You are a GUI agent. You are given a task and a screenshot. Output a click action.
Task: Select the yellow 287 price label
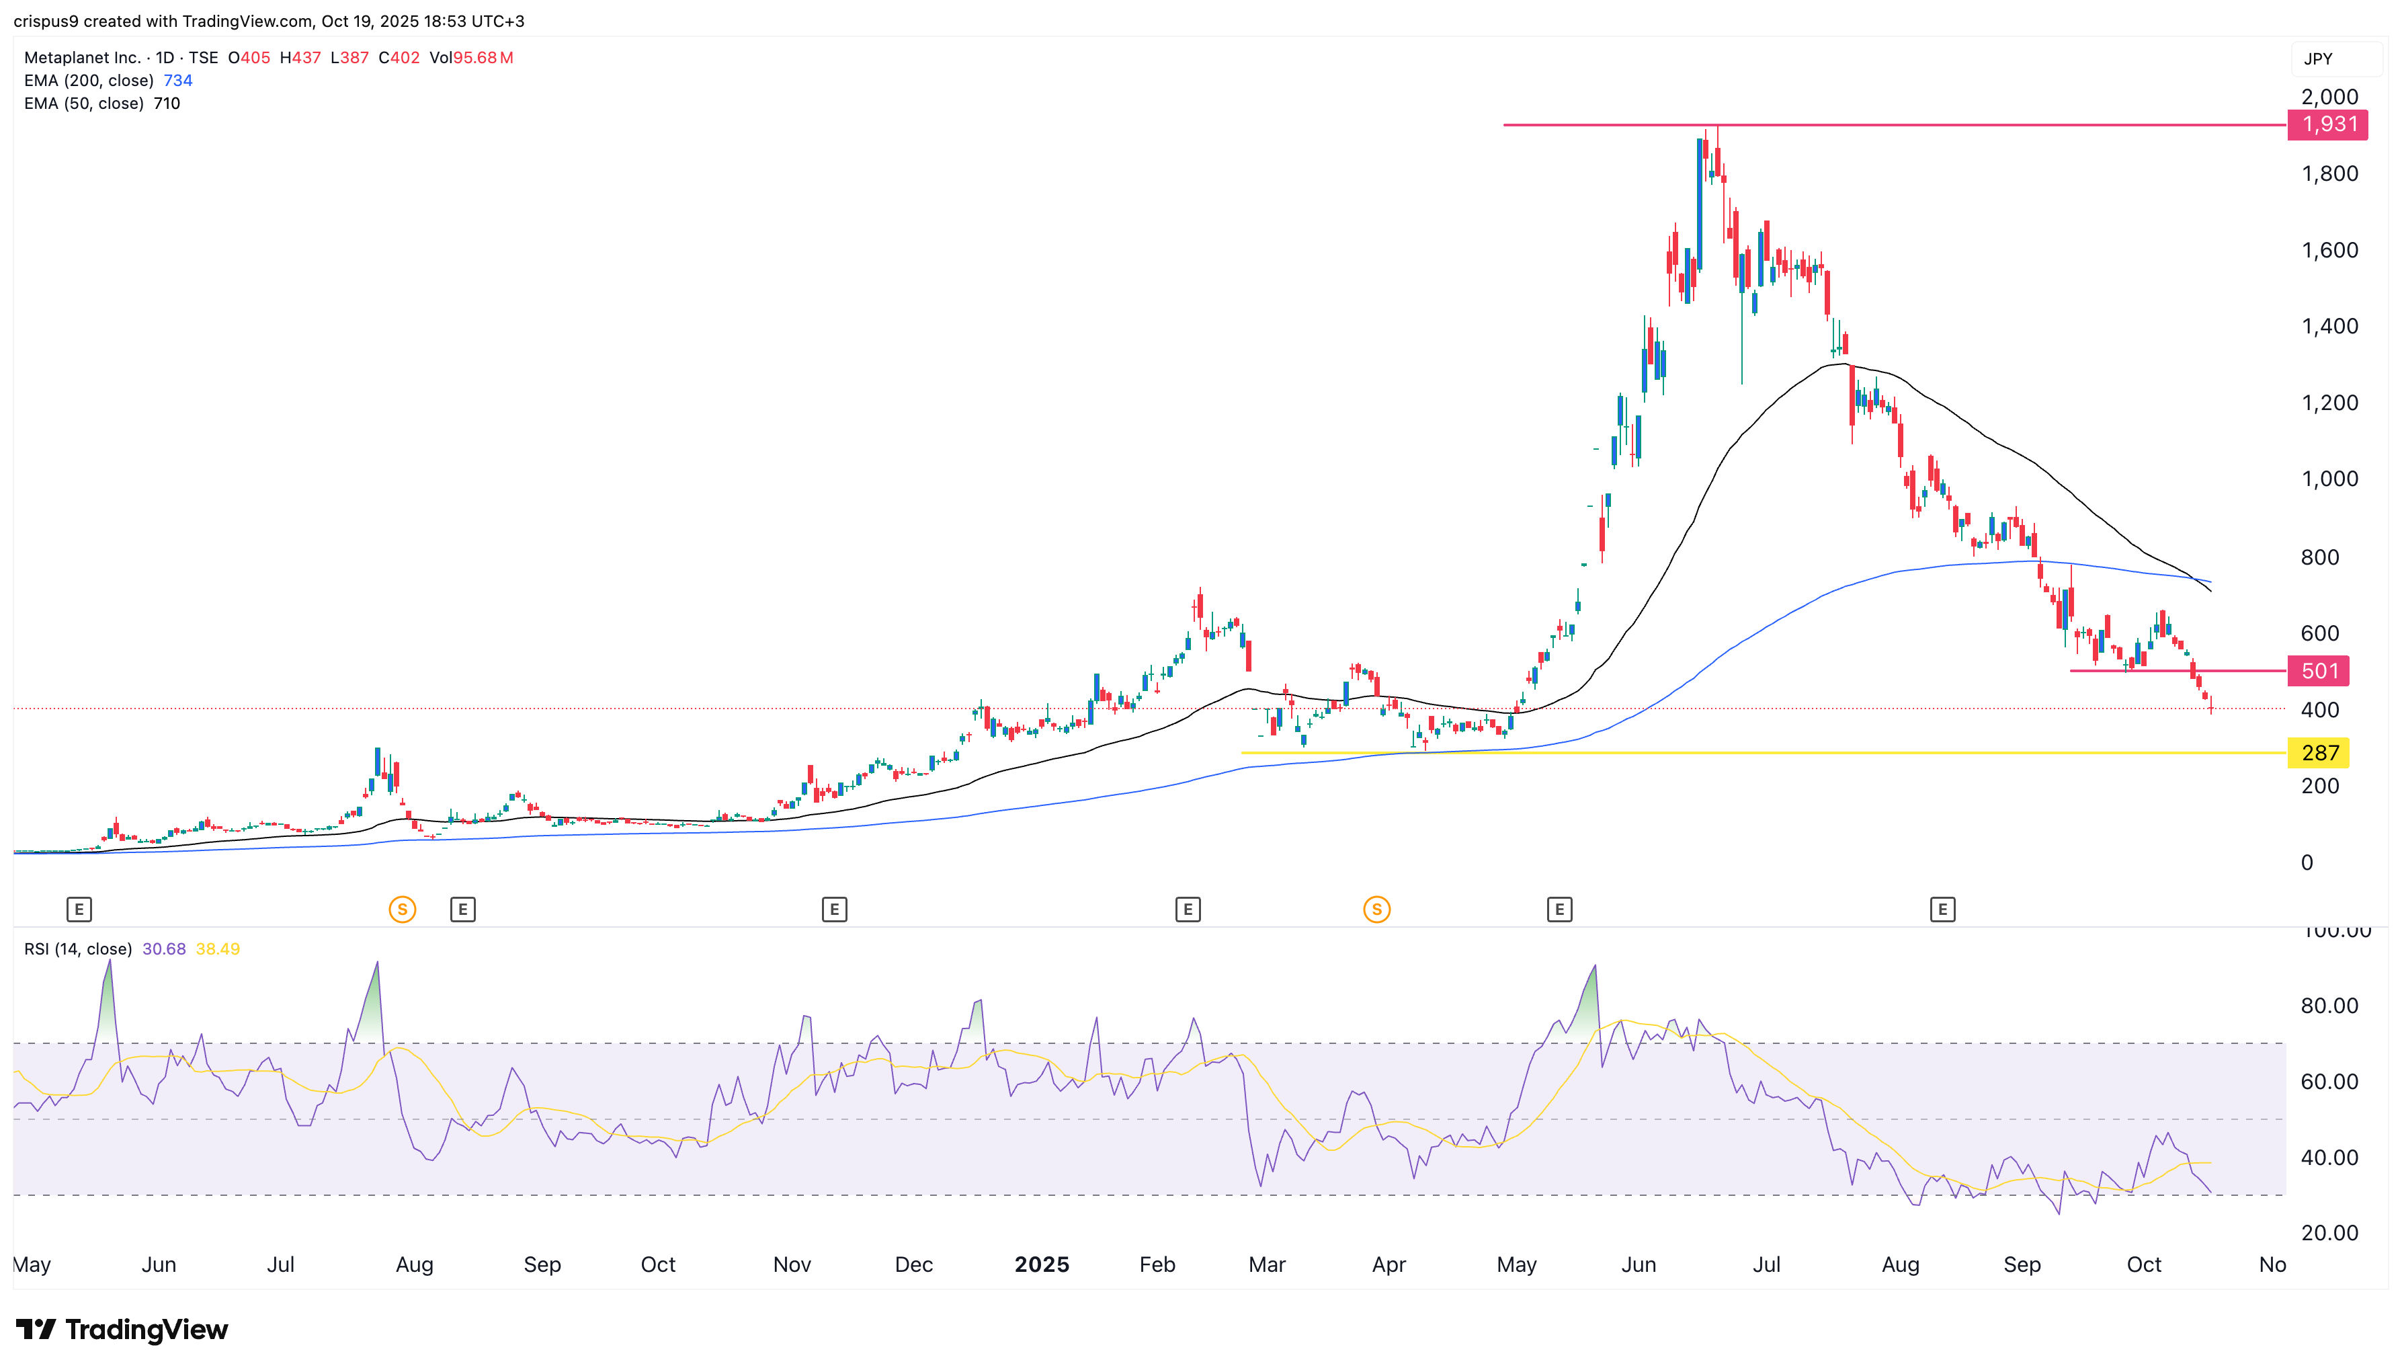tap(2319, 753)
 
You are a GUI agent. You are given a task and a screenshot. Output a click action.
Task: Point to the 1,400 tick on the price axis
tap(2329, 327)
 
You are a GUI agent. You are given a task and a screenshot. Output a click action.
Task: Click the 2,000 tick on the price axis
tap(2329, 97)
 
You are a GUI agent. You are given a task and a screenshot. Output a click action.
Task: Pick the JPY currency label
tap(2317, 59)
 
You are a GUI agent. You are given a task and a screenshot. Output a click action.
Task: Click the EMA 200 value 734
tap(177, 81)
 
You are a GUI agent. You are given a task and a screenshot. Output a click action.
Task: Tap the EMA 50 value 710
tap(167, 104)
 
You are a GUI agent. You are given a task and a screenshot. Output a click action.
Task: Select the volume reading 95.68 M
tap(483, 57)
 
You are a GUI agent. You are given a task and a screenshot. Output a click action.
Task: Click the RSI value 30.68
tap(163, 949)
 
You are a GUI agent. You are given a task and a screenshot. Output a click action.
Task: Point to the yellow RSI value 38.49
tap(217, 949)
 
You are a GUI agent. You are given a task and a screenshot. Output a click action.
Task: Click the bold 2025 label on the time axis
tap(1041, 1264)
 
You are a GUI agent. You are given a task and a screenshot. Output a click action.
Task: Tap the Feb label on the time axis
tap(1157, 1264)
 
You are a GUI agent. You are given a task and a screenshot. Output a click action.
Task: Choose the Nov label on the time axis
tap(791, 1264)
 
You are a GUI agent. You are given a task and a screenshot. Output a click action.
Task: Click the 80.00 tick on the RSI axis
tap(2329, 1006)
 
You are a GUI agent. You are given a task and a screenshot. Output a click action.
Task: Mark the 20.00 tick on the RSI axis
tap(2329, 1233)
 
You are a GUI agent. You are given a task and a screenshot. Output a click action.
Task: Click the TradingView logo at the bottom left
tap(122, 1330)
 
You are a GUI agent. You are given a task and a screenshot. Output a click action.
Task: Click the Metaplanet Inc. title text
tap(82, 57)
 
